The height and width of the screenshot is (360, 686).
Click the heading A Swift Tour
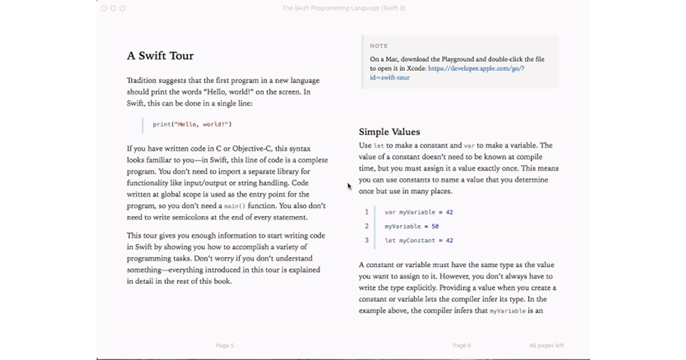(160, 56)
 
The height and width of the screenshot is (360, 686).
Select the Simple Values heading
(389, 132)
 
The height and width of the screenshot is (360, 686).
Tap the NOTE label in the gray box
(378, 46)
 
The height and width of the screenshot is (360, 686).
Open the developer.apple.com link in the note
(476, 69)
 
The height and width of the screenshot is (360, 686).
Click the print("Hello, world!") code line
(192, 124)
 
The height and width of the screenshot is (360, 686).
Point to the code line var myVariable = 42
(418, 212)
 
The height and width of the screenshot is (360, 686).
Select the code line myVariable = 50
(412, 226)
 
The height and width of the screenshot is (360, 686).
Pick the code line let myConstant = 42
(418, 241)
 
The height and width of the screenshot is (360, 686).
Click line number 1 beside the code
(366, 212)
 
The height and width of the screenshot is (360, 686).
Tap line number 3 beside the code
(366, 241)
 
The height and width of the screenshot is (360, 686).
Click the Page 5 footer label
(225, 345)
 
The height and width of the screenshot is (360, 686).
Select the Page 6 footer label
(462, 345)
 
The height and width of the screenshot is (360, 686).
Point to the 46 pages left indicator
(546, 345)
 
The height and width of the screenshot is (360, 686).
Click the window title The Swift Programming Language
(344, 8)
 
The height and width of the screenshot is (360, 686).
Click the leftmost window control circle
(104, 8)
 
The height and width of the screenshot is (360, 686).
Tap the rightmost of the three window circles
(122, 8)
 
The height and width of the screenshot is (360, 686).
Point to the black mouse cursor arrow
(350, 186)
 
